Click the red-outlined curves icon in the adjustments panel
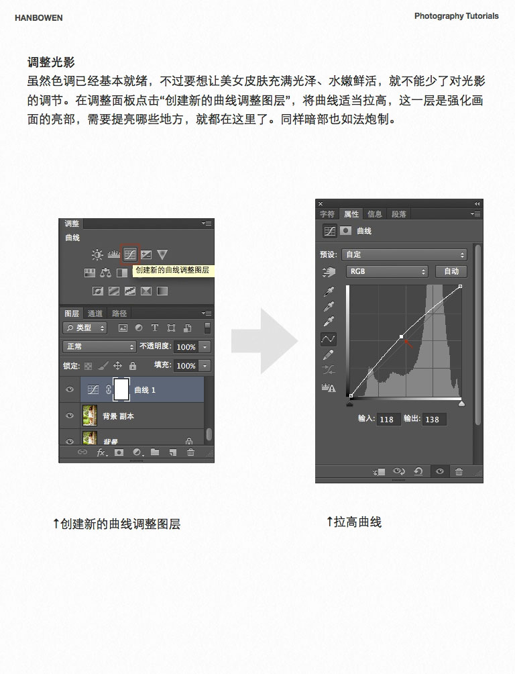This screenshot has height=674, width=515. pyautogui.click(x=129, y=254)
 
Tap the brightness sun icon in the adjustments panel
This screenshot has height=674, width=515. pyautogui.click(x=97, y=254)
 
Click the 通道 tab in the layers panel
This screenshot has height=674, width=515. pyautogui.click(x=95, y=314)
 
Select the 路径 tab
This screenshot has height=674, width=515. pyautogui.click(x=119, y=314)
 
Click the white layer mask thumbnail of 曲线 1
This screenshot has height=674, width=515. pyautogui.click(x=121, y=389)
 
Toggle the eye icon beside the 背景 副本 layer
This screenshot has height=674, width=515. pyautogui.click(x=70, y=416)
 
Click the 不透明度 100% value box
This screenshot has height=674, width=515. pyautogui.click(x=186, y=347)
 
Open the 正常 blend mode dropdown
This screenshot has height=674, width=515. pyautogui.click(x=99, y=347)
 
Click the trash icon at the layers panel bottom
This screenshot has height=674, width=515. pyautogui.click(x=190, y=453)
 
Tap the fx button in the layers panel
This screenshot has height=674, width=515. pyautogui.click(x=102, y=453)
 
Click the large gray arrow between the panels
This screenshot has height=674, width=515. pyautogui.click(x=264, y=341)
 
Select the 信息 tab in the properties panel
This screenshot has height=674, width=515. pyautogui.click(x=375, y=214)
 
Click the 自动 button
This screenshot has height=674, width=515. pyautogui.click(x=451, y=271)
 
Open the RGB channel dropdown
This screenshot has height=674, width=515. pyautogui.click(x=386, y=271)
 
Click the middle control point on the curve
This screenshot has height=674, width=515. pyautogui.click(x=401, y=336)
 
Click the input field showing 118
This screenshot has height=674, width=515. pyautogui.click(x=387, y=420)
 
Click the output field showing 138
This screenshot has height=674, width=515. pyautogui.click(x=433, y=420)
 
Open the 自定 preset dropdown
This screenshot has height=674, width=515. pyautogui.click(x=404, y=255)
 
